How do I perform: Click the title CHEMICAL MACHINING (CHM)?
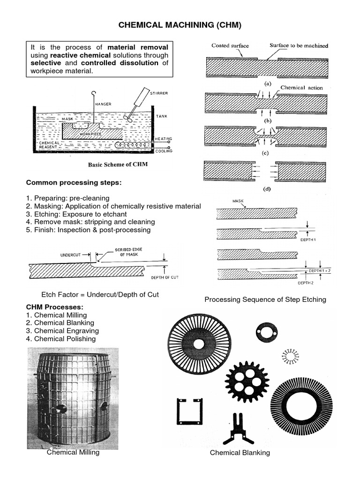180,25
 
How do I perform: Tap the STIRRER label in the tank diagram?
159,93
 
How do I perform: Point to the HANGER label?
103,104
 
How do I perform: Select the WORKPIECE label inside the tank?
90,134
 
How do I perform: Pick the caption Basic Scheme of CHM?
118,165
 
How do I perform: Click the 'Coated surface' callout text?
230,45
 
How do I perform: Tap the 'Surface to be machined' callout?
299,45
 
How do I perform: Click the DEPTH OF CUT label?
165,277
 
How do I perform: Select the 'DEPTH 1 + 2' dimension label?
319,271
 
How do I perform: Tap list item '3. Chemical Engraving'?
62,331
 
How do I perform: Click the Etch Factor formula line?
100,294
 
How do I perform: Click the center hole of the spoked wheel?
199,344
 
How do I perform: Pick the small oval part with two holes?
267,332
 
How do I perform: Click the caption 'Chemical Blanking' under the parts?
240,452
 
